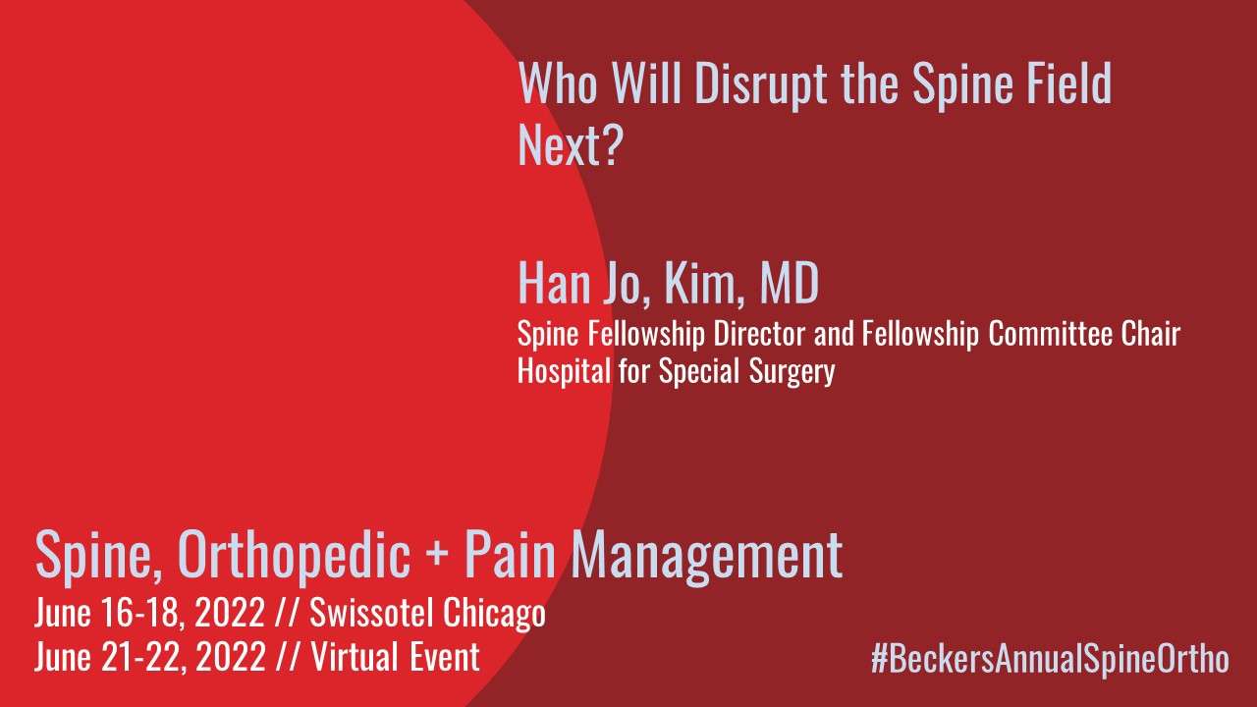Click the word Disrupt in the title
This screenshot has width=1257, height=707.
pos(760,84)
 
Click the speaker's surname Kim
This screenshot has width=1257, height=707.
pos(704,284)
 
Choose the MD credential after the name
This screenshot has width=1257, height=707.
pos(790,283)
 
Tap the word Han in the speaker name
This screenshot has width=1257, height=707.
pos(554,283)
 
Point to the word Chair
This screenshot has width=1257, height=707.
pos(1151,333)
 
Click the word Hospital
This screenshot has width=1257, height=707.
pos(564,371)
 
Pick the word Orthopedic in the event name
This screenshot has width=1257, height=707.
pos(294,555)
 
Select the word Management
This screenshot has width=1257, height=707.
pos(706,556)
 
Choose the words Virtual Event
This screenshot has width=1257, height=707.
pos(395,657)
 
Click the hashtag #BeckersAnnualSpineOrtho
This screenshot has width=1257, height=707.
pos(1050,659)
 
